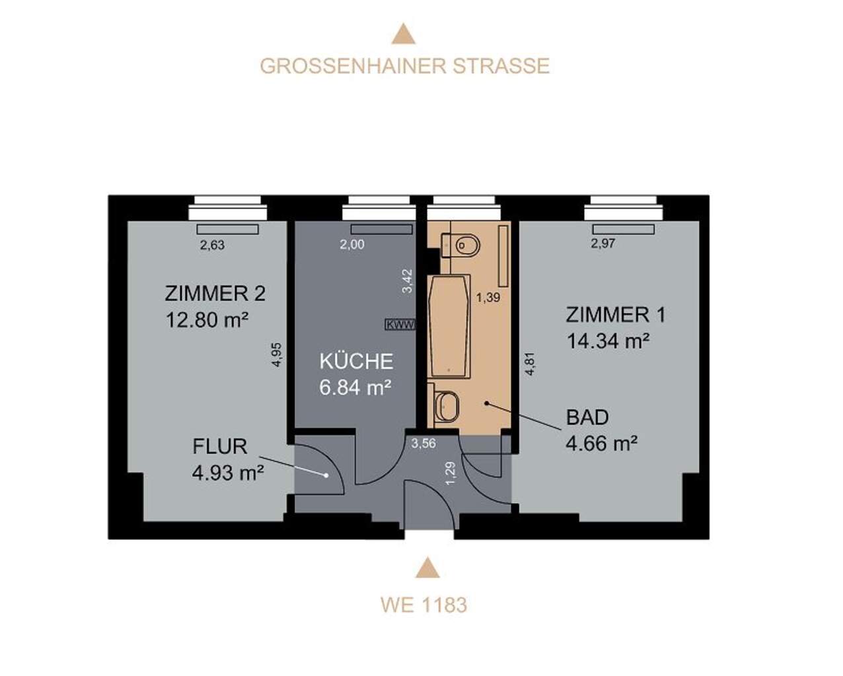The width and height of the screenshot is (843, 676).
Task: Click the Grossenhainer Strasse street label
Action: tap(405, 66)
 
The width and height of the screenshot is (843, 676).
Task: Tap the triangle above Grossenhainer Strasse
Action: tap(404, 34)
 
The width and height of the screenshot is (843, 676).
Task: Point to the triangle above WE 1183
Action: tap(427, 568)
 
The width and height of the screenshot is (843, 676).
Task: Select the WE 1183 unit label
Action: tap(424, 605)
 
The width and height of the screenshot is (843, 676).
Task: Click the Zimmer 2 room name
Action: tap(215, 294)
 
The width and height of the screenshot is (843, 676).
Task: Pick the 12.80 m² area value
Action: tap(207, 320)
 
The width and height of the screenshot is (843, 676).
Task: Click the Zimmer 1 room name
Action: tap(616, 315)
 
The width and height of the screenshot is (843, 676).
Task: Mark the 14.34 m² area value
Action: tap(608, 341)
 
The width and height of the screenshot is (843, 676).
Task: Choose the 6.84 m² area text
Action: tap(355, 388)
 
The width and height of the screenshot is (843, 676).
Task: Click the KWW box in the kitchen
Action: tap(400, 325)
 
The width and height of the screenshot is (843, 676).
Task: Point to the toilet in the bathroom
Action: tap(460, 246)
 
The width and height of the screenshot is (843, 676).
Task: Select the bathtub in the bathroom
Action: tap(449, 326)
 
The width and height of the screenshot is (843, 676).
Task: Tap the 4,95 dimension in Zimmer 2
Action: tap(277, 355)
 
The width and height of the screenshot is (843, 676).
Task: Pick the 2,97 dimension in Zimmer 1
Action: tap(603, 244)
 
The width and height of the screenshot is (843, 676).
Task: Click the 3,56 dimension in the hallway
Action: tap(423, 444)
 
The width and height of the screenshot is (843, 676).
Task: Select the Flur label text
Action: tap(220, 446)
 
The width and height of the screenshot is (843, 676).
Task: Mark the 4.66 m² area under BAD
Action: tap(602, 444)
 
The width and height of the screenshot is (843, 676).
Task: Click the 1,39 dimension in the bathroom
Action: tap(488, 298)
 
